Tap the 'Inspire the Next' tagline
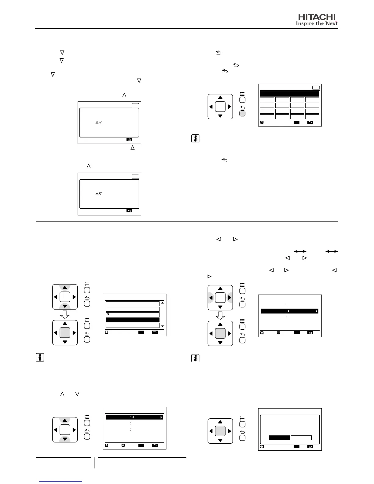pos(317,24)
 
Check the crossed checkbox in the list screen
pos(108,314)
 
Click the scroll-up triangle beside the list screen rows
pos(162,303)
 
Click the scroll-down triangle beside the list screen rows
pos(162,326)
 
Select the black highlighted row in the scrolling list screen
pos(133,320)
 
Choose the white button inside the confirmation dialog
pos(301,438)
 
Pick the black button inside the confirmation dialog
pos(279,438)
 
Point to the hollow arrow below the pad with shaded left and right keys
pos(220,315)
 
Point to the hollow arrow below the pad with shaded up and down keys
pos(65,314)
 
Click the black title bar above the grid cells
pos(290,94)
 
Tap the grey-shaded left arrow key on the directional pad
pos(211,298)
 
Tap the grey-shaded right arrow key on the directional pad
pos(229,298)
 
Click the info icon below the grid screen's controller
pos(195,139)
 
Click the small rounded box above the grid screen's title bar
pos(316,88)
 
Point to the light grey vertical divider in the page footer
pos(95,463)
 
